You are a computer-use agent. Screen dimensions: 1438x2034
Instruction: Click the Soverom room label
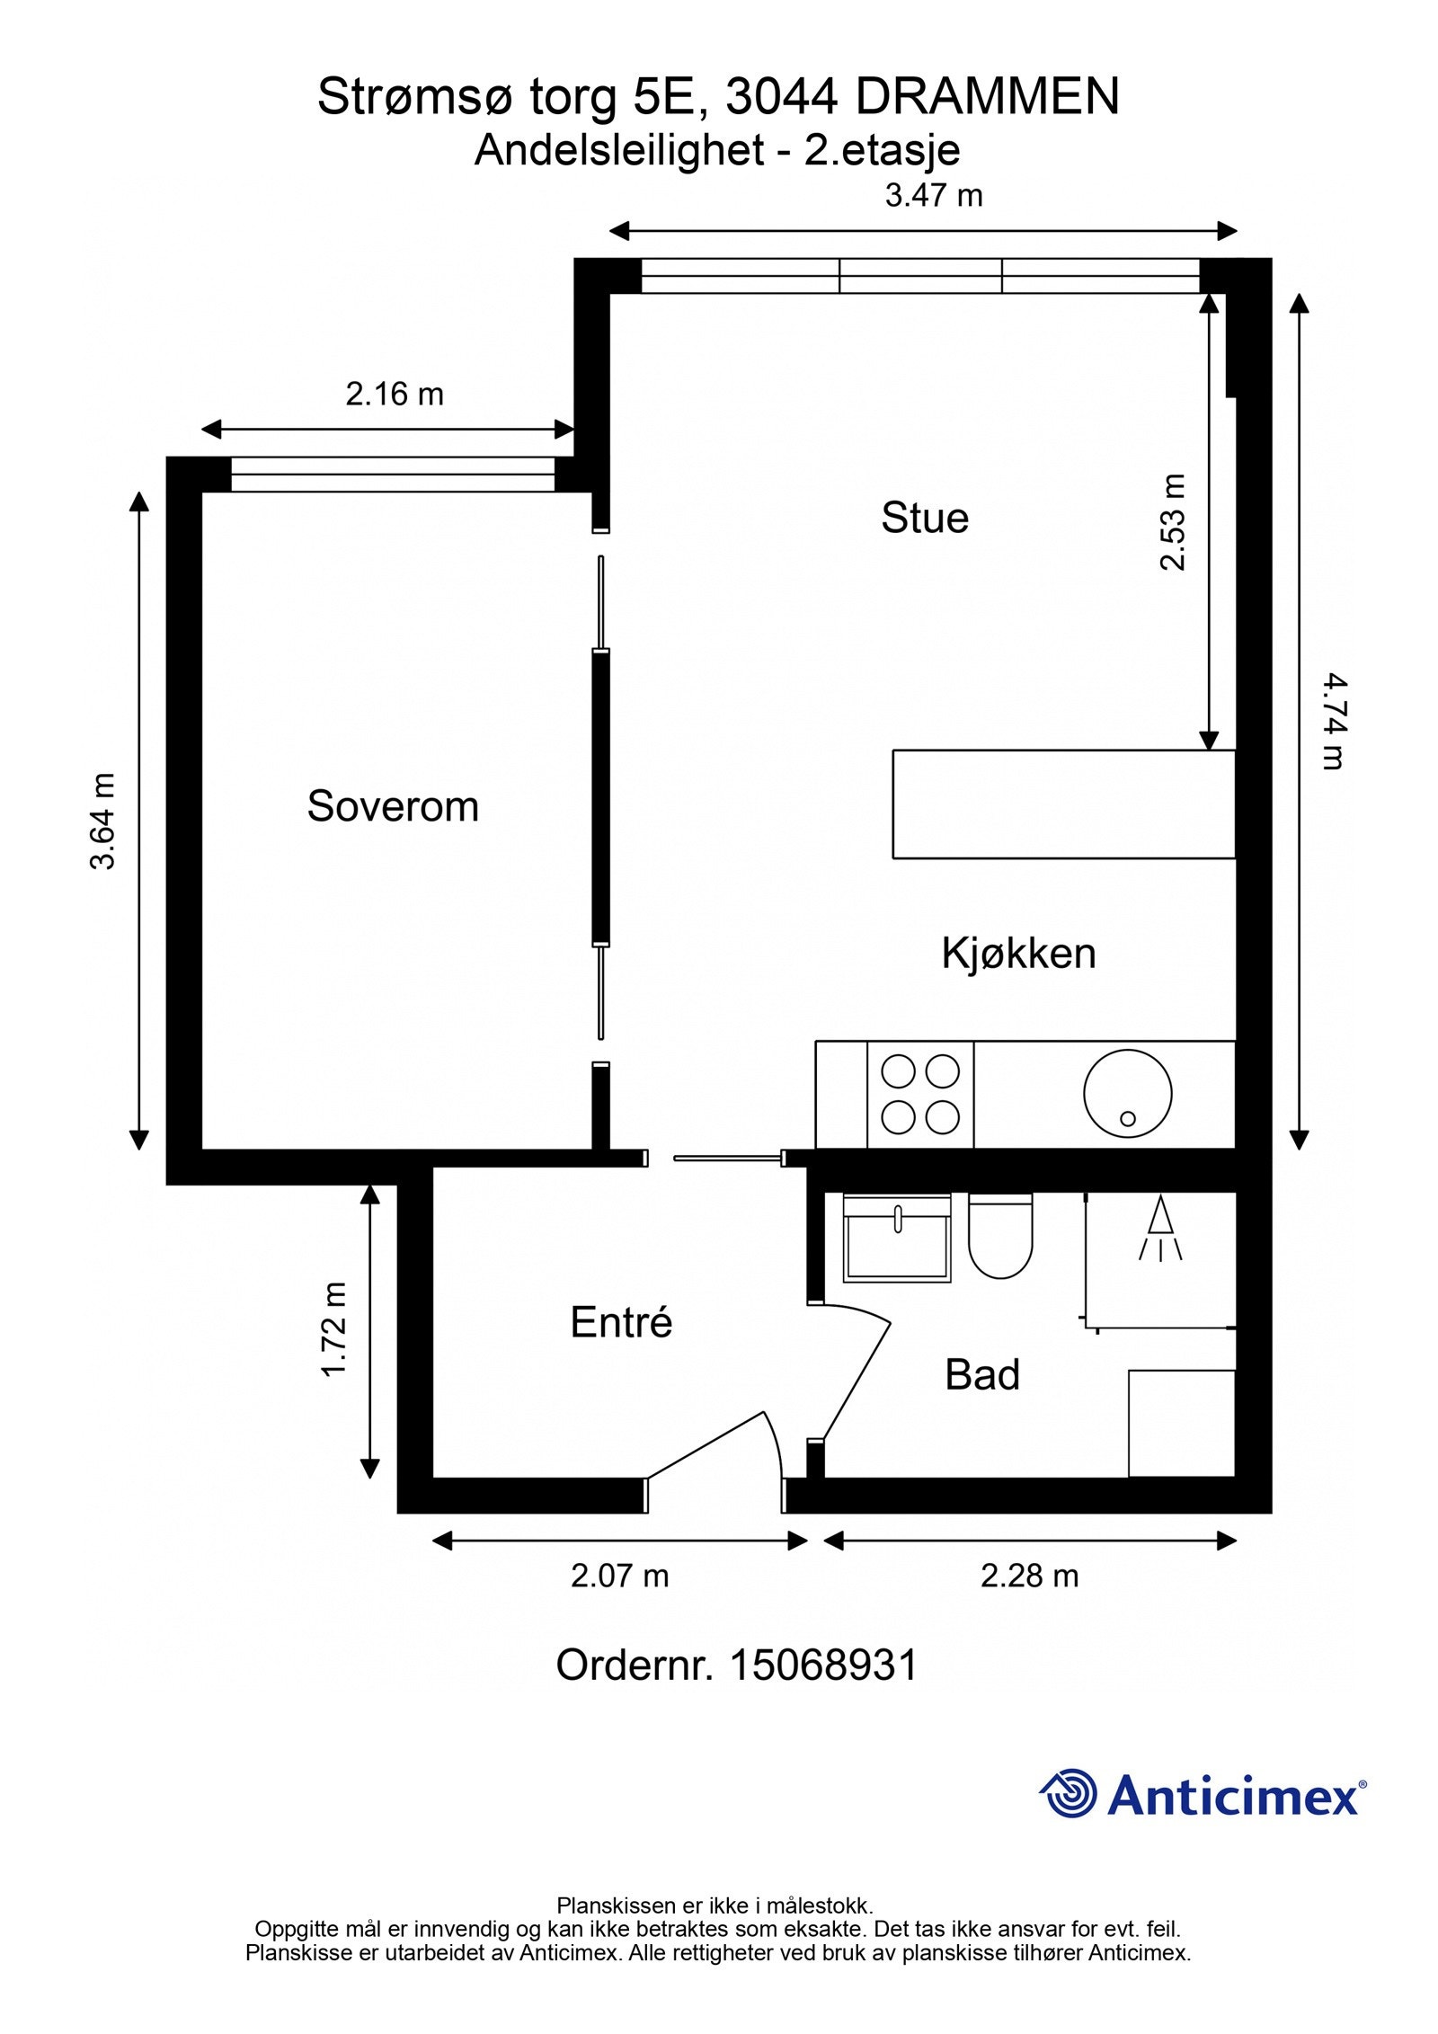click(x=393, y=806)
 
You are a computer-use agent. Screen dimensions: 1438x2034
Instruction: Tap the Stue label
click(x=925, y=519)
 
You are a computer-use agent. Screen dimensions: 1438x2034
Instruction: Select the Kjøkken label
click(x=1018, y=954)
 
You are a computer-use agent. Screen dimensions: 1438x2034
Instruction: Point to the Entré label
click(x=621, y=1322)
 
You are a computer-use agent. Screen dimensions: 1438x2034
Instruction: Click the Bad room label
click(x=982, y=1375)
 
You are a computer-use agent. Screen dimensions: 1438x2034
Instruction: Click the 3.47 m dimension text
click(x=934, y=195)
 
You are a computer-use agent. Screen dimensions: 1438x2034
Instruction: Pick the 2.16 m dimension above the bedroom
click(x=395, y=394)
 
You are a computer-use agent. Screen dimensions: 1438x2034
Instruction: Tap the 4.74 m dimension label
click(x=1335, y=722)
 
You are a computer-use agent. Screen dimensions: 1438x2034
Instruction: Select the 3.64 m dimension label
click(x=103, y=821)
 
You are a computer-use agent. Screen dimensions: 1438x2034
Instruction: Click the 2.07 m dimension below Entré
click(x=620, y=1576)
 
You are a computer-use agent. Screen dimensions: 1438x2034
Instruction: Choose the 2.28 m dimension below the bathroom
click(x=1029, y=1576)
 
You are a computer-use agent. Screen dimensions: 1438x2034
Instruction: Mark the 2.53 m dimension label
click(x=1173, y=522)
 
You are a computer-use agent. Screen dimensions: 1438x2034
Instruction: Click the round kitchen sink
click(x=1127, y=1094)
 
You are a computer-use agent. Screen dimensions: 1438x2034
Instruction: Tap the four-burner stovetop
click(x=920, y=1095)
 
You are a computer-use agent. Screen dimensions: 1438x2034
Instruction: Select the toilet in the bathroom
click(x=999, y=1236)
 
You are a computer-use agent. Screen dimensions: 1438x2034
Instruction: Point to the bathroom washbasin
click(x=897, y=1238)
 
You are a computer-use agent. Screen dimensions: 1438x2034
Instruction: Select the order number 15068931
click(x=823, y=1665)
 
